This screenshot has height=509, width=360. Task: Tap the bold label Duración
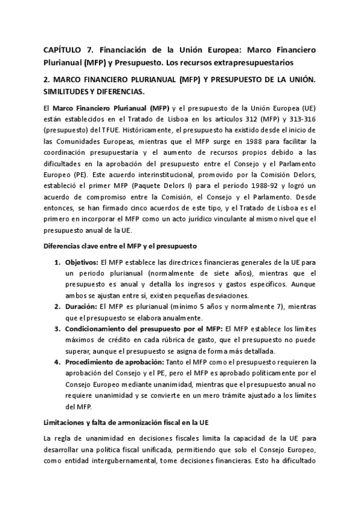click(81, 307)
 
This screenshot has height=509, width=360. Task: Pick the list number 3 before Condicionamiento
click(58, 329)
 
